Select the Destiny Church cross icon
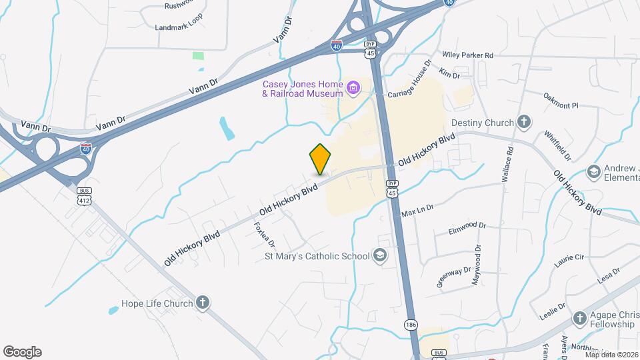[x=525, y=122]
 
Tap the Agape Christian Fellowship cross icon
[x=579, y=318]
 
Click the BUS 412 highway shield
[x=84, y=196]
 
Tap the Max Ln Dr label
[x=417, y=211]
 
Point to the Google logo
[x=22, y=352]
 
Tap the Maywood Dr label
[x=477, y=265]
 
